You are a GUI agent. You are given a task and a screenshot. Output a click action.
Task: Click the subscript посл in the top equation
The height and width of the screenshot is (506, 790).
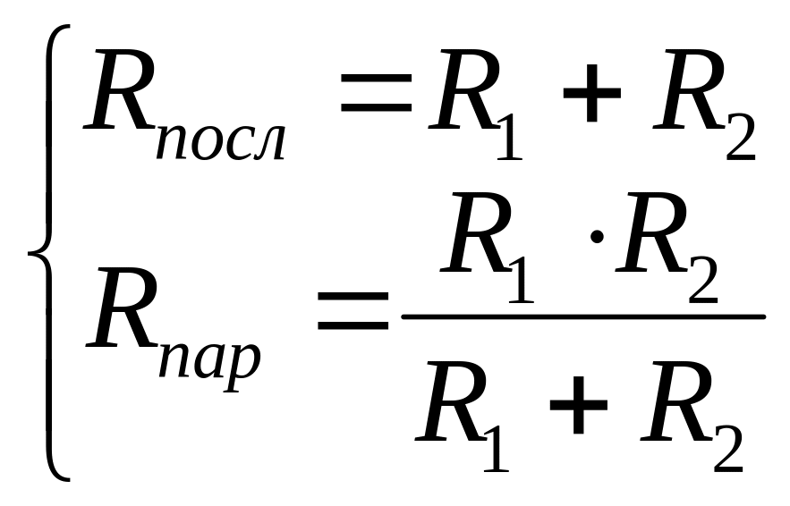point(220,143)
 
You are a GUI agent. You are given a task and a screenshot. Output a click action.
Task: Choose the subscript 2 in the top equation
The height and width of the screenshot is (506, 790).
point(739,139)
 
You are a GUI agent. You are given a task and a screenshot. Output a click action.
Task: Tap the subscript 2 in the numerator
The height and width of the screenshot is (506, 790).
point(703,282)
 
